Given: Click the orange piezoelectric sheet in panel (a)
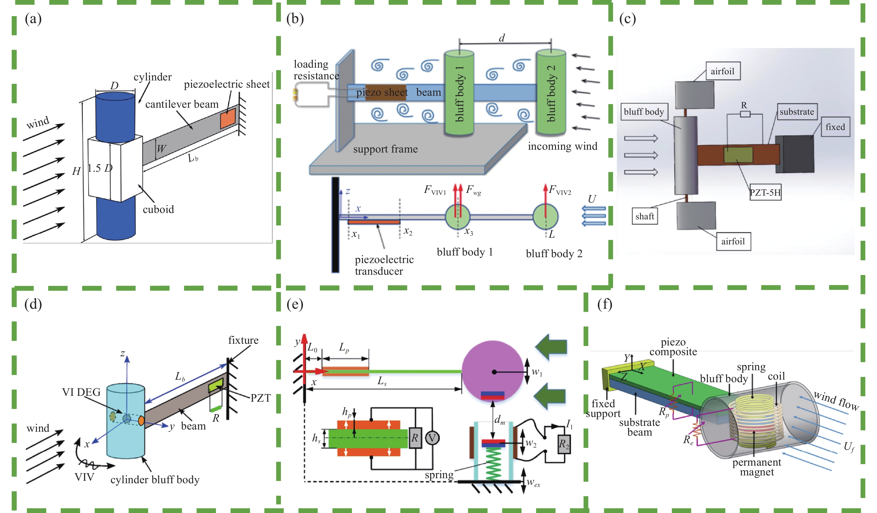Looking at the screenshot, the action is tap(228, 118).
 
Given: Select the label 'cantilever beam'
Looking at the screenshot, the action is tap(182, 104).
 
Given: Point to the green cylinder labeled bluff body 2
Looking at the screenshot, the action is tap(551, 92).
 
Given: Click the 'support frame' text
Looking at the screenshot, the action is tap(385, 149).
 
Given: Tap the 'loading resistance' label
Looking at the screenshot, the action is tap(316, 70).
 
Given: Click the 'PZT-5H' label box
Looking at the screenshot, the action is tap(765, 192).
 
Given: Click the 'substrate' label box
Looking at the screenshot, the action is tap(797, 112).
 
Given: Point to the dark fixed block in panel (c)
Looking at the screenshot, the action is tap(795, 154).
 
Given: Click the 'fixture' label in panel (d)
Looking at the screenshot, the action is tap(243, 340).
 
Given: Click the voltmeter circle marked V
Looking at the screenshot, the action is tap(432, 438).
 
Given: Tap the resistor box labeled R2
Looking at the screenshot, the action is tap(564, 444).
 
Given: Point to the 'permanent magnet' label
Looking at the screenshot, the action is tap(757, 467).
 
